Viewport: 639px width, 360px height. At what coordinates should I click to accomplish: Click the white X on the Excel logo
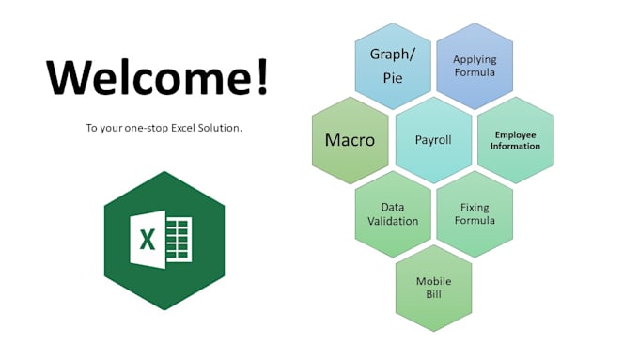148,240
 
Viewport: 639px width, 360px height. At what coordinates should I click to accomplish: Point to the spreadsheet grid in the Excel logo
179,240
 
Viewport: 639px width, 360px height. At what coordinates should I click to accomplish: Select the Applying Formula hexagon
475,66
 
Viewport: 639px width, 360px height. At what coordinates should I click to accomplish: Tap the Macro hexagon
350,140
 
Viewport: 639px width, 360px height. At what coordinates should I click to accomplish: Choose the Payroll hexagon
433,140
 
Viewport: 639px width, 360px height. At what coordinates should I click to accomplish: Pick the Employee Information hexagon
516,140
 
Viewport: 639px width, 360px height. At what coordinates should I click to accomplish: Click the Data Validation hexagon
393,213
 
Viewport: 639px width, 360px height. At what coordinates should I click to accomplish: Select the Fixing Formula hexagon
475,213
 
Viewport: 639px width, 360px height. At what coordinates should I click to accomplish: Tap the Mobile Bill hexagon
433,288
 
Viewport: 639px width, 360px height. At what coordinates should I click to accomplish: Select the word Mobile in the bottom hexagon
434,281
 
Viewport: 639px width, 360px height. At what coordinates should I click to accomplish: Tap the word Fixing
475,207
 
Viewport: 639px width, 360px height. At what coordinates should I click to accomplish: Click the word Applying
475,59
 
